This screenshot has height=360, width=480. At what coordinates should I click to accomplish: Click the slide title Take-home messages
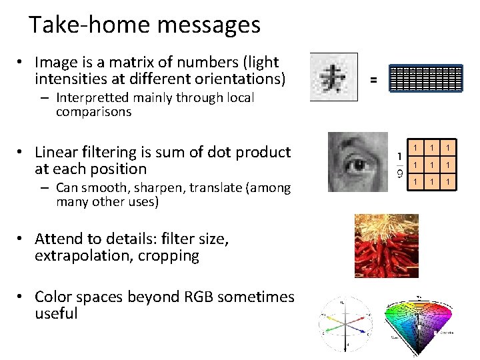[x=145, y=25]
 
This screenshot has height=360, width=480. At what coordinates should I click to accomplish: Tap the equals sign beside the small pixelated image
[x=373, y=80]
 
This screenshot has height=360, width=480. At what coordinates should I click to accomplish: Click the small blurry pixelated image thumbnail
[x=333, y=77]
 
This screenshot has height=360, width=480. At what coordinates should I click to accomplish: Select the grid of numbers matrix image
[x=426, y=79]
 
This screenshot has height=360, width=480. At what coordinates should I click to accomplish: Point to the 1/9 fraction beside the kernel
[x=399, y=165]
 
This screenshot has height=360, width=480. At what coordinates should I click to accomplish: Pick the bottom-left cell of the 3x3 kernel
[x=415, y=181]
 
